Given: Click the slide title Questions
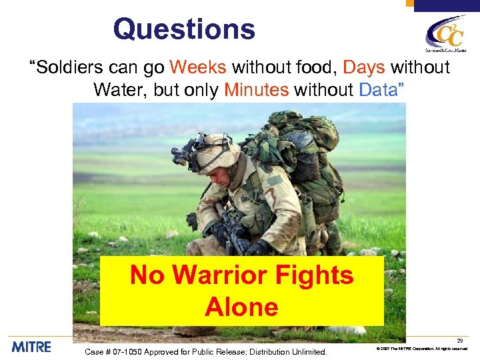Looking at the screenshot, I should [x=184, y=29].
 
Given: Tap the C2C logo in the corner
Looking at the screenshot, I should [x=446, y=33].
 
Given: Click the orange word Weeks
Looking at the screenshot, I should [x=198, y=67].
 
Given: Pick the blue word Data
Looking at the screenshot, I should [x=377, y=89].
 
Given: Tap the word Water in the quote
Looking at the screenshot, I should [x=119, y=89].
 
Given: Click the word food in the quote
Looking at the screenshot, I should [x=317, y=67].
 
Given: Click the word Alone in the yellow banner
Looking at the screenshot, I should [x=241, y=307].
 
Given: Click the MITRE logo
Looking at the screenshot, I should [x=31, y=347].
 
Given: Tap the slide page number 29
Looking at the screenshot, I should [x=459, y=341].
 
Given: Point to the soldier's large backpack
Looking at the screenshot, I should [x=303, y=160].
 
